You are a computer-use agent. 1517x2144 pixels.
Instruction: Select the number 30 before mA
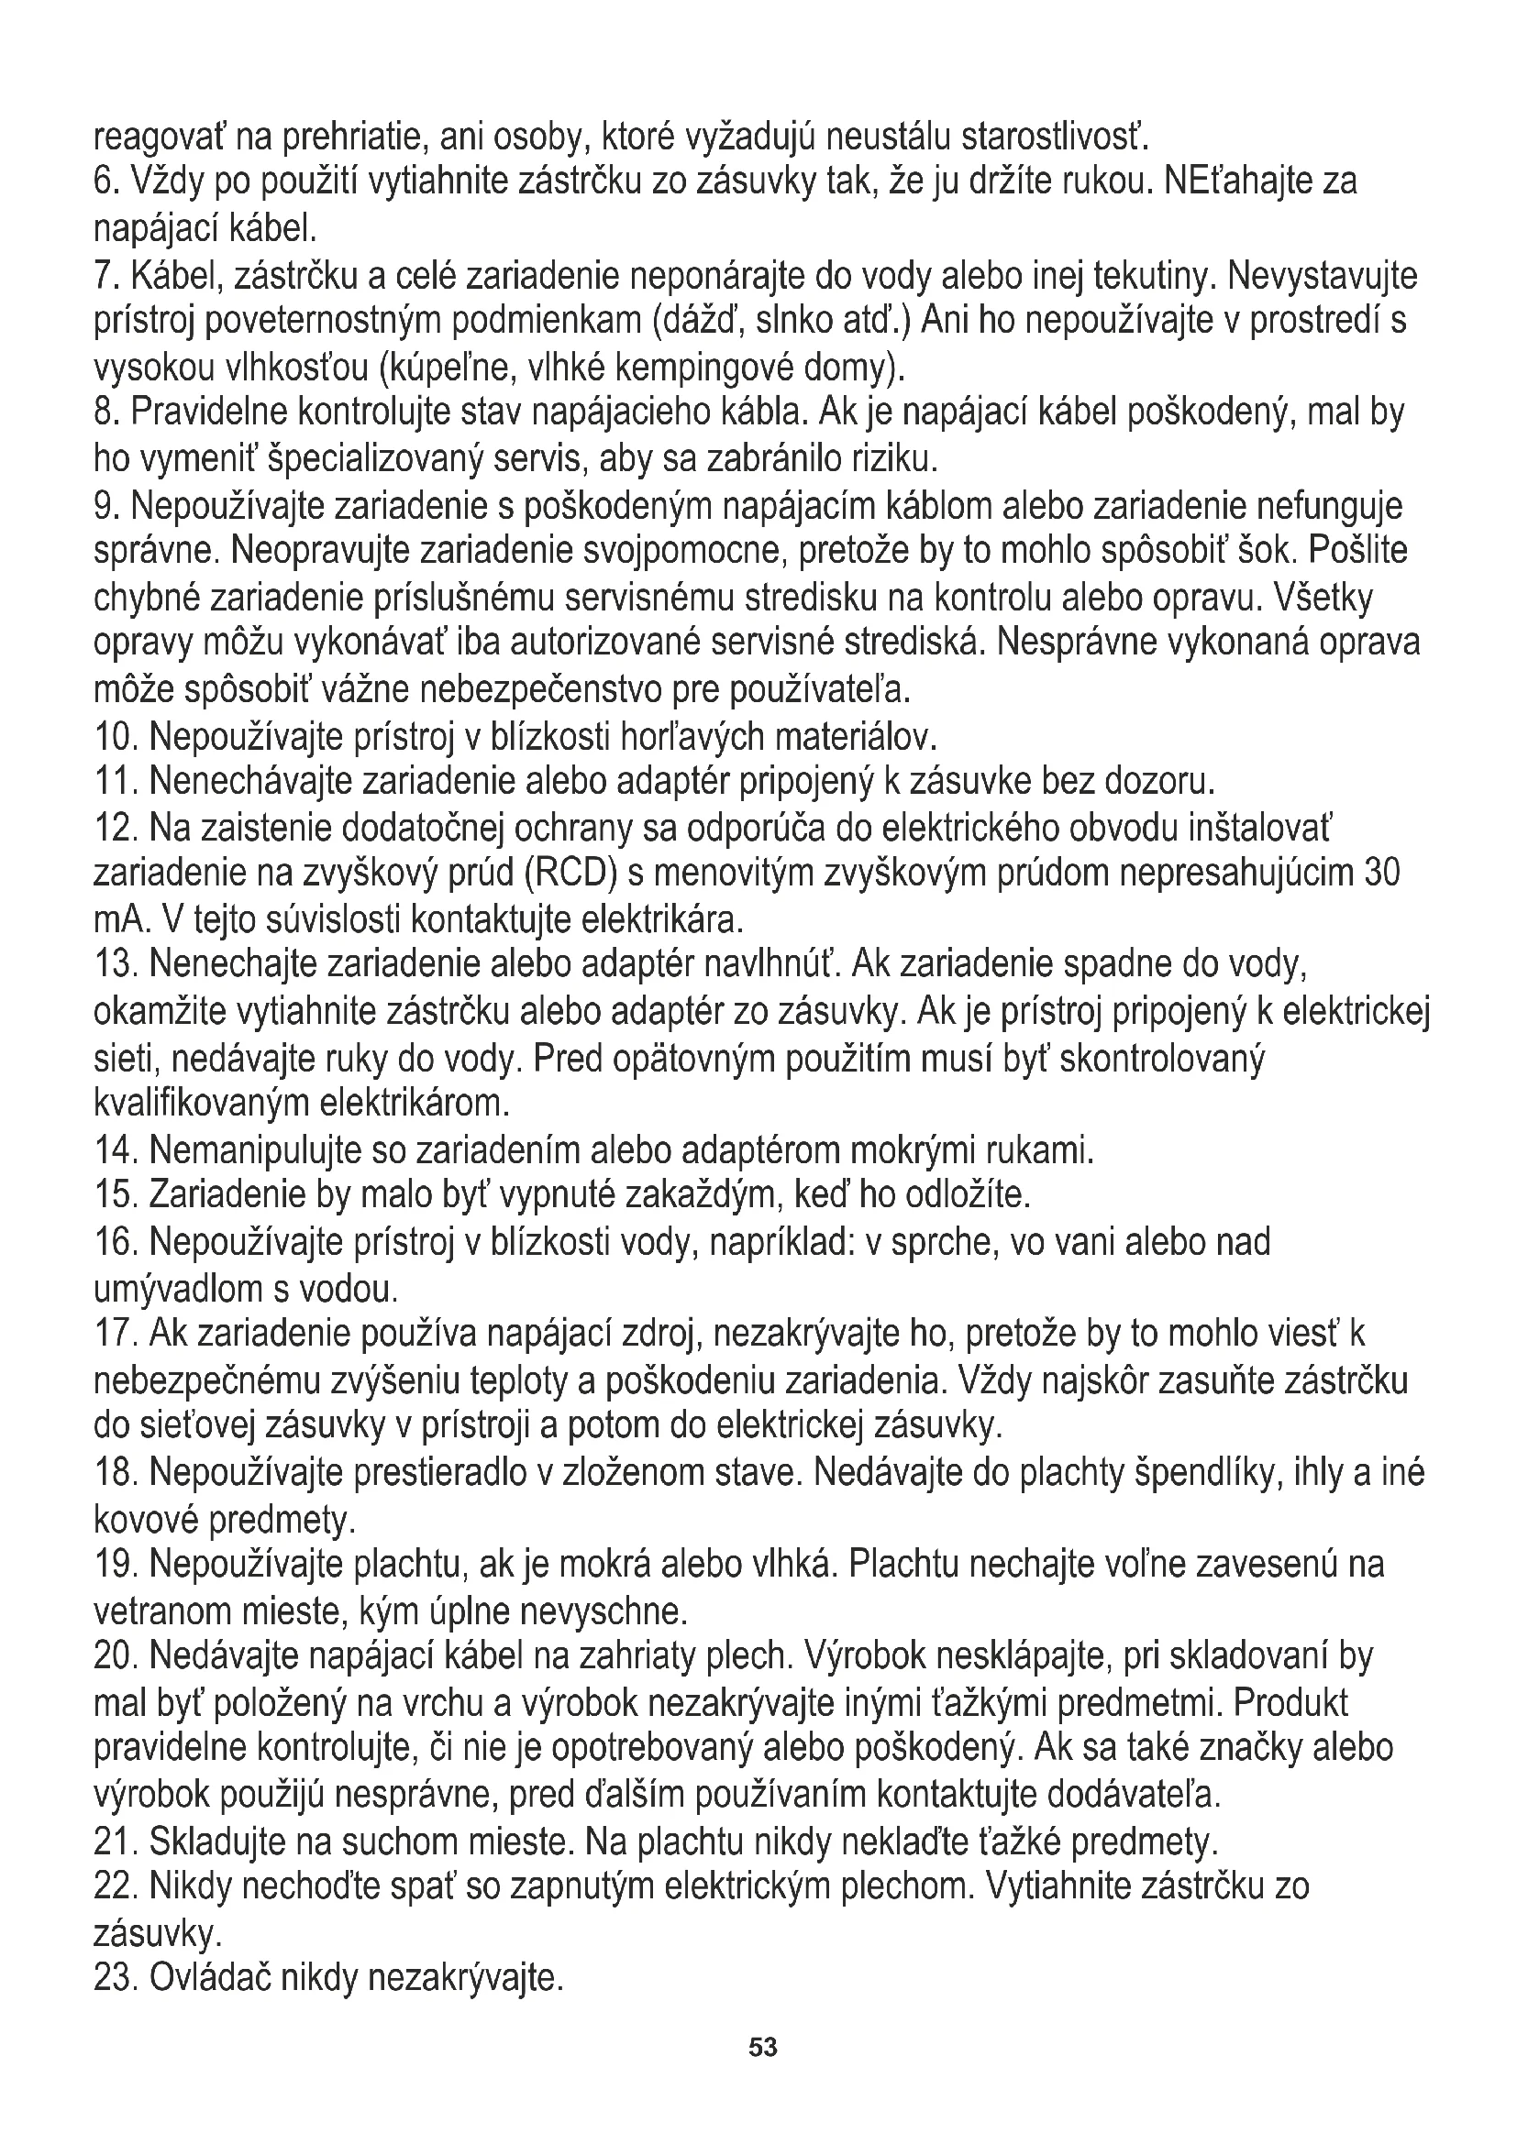pos(1380,874)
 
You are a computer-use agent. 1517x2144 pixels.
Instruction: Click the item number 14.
pos(116,1150)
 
